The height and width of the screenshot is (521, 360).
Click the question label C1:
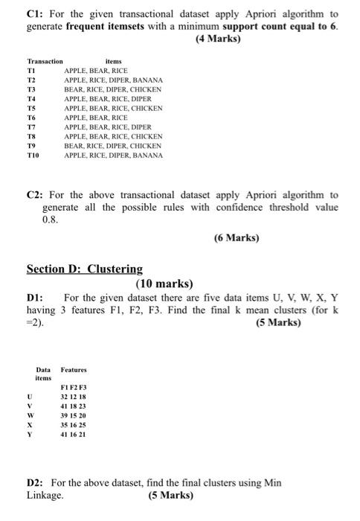(35, 14)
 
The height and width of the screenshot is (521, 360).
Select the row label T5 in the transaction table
(31, 108)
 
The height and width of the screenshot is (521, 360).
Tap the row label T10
(33, 156)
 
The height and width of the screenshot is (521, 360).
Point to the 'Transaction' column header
(45, 61)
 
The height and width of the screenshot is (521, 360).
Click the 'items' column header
(114, 61)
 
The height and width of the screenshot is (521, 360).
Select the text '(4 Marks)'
(216, 38)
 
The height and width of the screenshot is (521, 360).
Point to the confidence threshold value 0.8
(51, 220)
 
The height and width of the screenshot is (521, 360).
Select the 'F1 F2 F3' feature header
(73, 388)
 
